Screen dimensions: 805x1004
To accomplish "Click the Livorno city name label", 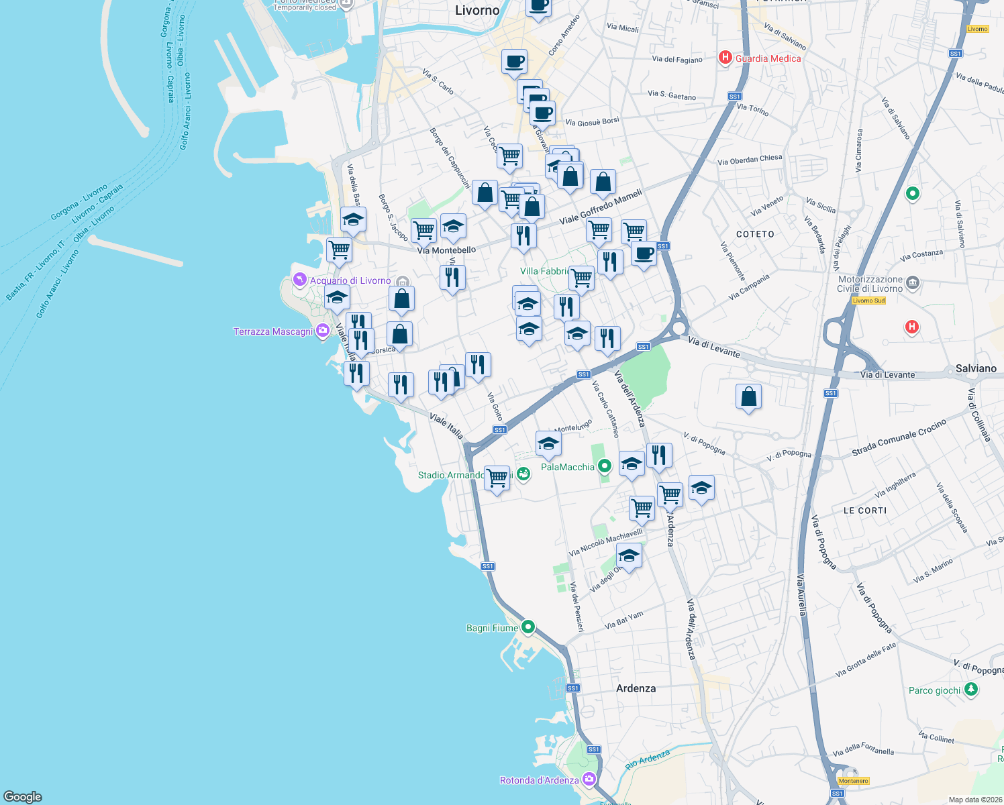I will coord(477,10).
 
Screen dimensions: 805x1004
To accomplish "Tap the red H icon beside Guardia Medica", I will coord(725,58).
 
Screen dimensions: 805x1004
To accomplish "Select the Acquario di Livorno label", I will coord(350,280).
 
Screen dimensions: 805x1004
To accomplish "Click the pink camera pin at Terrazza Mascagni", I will coord(323,330).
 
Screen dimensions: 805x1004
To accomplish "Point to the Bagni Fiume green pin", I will coord(528,627).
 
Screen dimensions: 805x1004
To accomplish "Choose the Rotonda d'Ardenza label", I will coord(539,780).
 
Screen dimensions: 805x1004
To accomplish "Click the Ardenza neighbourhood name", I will coord(636,688).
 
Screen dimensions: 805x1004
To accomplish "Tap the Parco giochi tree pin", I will coord(970,689).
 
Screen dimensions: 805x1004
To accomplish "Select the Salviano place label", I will coord(976,368).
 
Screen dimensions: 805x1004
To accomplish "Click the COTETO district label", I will coord(755,234).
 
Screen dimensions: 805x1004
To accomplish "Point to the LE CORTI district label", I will coord(865,511).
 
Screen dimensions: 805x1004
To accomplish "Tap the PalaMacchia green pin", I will coord(605,466).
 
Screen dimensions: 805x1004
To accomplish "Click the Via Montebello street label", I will coord(446,250).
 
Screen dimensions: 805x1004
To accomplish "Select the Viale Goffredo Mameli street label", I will coord(601,207).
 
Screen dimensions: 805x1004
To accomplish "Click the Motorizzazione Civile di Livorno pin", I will coord(913,282).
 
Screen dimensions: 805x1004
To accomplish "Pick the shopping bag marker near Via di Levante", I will coord(748,397).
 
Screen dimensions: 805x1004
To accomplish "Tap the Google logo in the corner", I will coord(23,796).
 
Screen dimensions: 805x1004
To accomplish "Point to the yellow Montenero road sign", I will coord(853,781).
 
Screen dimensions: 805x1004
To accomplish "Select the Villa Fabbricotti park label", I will coord(544,271).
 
